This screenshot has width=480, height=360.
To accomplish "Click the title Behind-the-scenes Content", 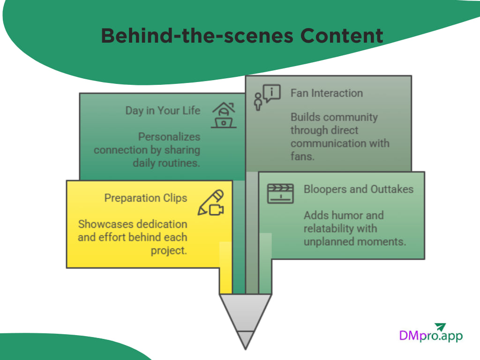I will click(x=242, y=36).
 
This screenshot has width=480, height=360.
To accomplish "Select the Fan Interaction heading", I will click(x=326, y=93).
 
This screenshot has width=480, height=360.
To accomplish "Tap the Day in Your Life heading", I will click(x=163, y=111).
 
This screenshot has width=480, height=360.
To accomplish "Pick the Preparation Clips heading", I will click(x=145, y=198).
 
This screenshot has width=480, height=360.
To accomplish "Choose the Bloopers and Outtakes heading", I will click(x=359, y=189).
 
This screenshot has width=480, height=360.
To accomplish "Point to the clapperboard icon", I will click(x=280, y=194).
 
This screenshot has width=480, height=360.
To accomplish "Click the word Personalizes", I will click(x=169, y=137).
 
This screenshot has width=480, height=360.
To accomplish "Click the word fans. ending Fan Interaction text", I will click(x=302, y=156).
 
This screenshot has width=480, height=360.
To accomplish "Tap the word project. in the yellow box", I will click(x=169, y=250).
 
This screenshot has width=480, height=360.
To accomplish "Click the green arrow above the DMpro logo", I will click(x=440, y=327).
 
